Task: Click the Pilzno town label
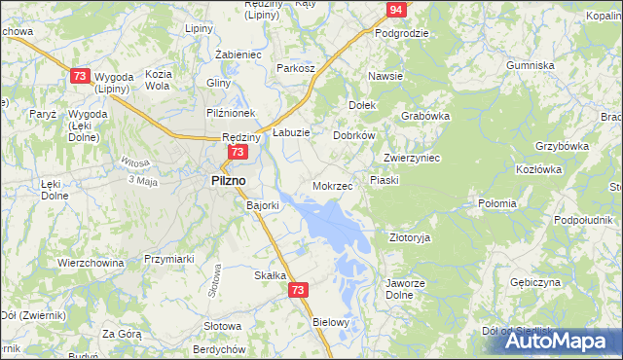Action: point(229,180)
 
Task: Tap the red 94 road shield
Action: point(394,10)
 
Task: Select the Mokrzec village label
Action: point(332,185)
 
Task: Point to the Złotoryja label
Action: point(409,236)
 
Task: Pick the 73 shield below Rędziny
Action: point(238,153)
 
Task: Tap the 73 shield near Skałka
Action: point(299,290)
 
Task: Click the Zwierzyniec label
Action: point(413,158)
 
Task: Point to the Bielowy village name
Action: point(330,321)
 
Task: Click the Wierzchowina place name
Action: point(91,263)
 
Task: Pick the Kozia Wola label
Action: point(157,79)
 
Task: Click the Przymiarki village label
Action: point(170,259)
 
